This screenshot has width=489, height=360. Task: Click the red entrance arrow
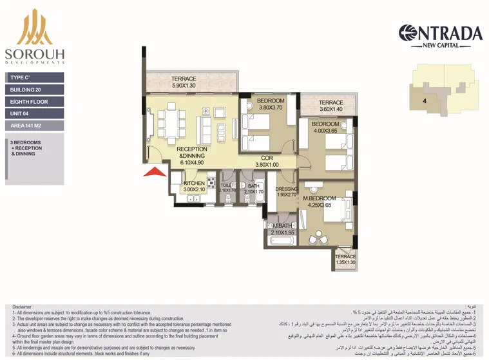152,171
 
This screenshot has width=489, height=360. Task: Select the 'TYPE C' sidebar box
35,77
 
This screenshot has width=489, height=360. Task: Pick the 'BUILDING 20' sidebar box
35,90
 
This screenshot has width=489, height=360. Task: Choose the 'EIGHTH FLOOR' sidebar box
35,102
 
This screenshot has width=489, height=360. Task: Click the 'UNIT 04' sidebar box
35,114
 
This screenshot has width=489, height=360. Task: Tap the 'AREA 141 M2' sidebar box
35,126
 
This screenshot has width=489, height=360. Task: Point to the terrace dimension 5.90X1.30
184,86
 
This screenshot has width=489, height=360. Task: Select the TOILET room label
227,185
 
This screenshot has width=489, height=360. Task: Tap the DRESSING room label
285,189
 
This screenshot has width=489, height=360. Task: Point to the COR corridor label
267,158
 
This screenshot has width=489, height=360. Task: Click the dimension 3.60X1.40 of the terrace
331,109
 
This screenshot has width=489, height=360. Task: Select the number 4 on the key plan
425,101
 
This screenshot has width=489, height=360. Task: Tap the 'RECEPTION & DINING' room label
192,152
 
